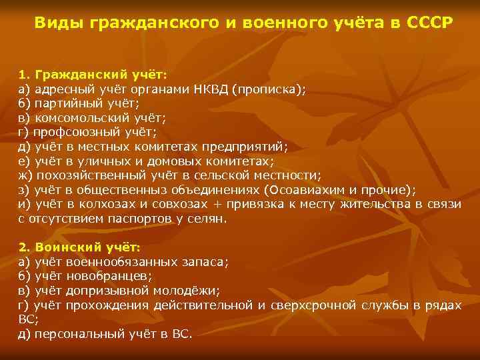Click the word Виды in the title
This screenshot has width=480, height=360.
pos(55,23)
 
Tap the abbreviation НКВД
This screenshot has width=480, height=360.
pos(207,91)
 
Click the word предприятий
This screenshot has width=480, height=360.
pos(247,147)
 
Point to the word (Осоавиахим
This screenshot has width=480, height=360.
pos(306,189)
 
